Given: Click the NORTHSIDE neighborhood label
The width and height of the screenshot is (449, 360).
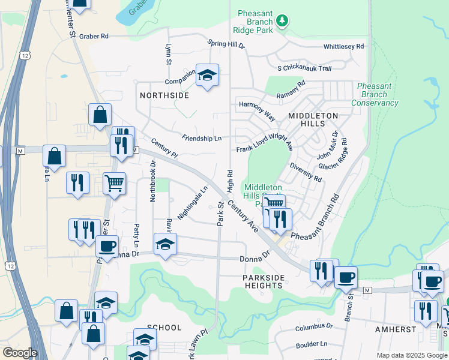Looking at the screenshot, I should pyautogui.click(x=164, y=95).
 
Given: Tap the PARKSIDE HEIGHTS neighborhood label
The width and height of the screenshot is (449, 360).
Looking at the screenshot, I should pyautogui.click(x=263, y=281).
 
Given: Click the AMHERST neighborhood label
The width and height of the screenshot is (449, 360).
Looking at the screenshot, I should pyautogui.click(x=396, y=329).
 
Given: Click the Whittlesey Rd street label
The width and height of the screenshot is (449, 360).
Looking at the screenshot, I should pyautogui.click(x=343, y=46).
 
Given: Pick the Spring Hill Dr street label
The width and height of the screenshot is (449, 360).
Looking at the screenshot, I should pyautogui.click(x=226, y=44).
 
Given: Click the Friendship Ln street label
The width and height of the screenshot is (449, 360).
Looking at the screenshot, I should pyautogui.click(x=202, y=138).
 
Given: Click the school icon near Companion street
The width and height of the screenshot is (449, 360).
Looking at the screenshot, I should pyautogui.click(x=207, y=76).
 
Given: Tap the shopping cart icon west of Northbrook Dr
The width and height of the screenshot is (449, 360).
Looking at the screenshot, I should pyautogui.click(x=114, y=184).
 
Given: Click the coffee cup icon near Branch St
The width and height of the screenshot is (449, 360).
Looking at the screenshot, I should pyautogui.click(x=346, y=277).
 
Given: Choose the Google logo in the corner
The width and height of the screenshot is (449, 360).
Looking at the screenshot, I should pyautogui.click(x=20, y=353).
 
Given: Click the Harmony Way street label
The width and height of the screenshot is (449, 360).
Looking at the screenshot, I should pyautogui.click(x=257, y=109).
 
